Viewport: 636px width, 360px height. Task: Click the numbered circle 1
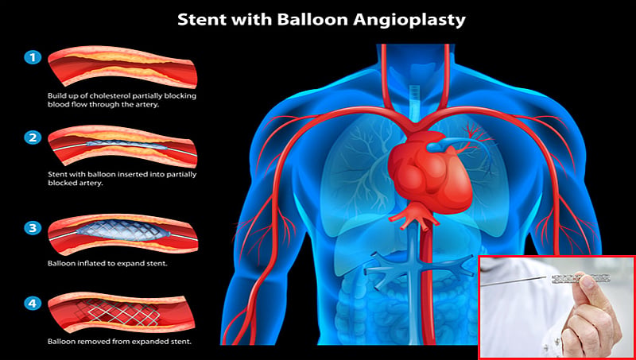(33, 57)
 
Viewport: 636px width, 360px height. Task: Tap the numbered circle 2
(33, 137)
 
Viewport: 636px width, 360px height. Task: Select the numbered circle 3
(33, 228)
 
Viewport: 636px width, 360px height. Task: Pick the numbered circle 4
(33, 302)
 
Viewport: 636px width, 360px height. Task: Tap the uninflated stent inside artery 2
(127, 145)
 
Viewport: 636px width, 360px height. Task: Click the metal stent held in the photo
(580, 278)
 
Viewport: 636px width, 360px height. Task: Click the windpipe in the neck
(413, 99)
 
